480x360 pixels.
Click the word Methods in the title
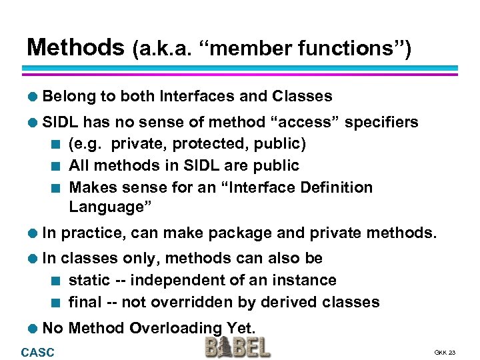pyautogui.click(x=75, y=47)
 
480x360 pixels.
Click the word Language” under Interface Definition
pyautogui.click(x=111, y=207)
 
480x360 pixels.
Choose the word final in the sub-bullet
pyautogui.click(x=85, y=302)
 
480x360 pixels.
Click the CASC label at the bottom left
pyautogui.click(x=38, y=352)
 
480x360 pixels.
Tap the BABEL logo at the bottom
pyautogui.click(x=237, y=347)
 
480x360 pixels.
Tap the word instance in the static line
pyautogui.click(x=304, y=280)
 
